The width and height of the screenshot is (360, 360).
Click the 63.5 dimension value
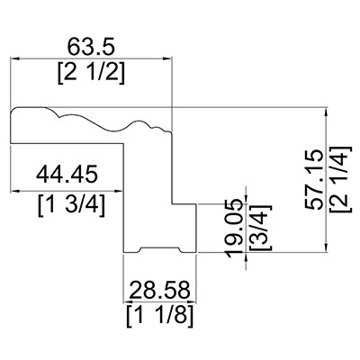91,47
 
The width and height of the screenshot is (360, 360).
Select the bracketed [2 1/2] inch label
91,74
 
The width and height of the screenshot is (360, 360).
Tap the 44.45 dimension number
67,174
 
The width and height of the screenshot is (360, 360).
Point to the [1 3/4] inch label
72,205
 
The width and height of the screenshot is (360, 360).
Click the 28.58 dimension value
160,290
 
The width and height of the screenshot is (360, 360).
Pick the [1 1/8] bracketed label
159,317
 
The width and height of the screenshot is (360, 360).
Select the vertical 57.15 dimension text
314,179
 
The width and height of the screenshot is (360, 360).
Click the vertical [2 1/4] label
340,179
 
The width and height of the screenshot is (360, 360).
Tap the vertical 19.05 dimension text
234,228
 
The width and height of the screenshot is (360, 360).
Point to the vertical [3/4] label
260,228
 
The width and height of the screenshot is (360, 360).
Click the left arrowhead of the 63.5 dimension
15,58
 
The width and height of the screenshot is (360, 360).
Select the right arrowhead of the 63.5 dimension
167,58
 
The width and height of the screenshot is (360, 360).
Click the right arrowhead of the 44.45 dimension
119,191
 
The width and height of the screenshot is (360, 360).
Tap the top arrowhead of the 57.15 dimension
327,112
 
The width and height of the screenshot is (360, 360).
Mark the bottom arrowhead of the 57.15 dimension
327,248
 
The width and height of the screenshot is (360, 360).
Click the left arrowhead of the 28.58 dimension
129,301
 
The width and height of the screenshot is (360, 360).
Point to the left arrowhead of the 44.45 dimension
15,191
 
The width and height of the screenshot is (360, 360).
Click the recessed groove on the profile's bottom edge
160,248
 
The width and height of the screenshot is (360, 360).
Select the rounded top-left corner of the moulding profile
14,110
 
